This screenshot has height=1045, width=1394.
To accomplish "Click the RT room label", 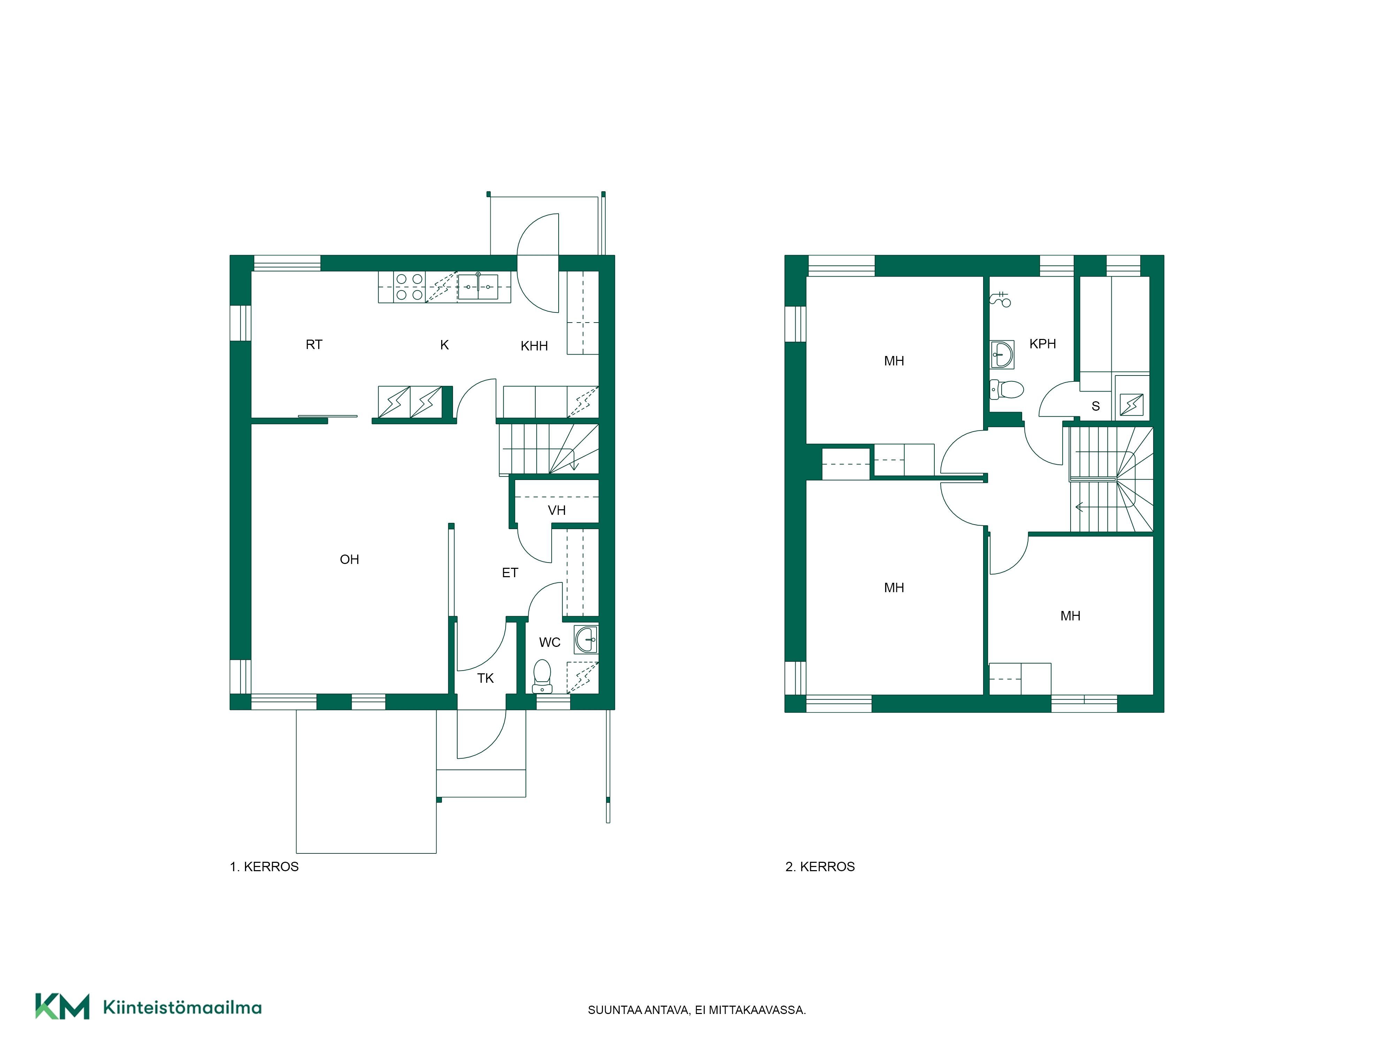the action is coord(314,345).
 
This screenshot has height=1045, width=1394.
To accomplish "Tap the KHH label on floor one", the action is coord(534,346).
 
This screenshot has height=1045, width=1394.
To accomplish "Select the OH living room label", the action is coord(349,559).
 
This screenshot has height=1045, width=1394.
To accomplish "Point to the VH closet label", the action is coord(557,510).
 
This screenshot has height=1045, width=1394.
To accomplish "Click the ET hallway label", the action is coord(510,573).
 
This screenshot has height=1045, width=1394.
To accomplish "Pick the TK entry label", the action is coord(485,679).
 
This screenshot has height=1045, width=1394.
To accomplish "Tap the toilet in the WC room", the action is coord(542,676).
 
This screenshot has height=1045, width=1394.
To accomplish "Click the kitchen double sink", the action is coord(478,287).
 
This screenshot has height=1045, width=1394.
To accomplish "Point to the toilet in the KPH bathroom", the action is coord(1006,389).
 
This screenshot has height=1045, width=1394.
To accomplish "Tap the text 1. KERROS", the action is coord(264,867).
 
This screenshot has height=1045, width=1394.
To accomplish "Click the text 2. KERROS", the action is coord(820,867).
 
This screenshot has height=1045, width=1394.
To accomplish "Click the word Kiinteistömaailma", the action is coord(182,1007).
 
